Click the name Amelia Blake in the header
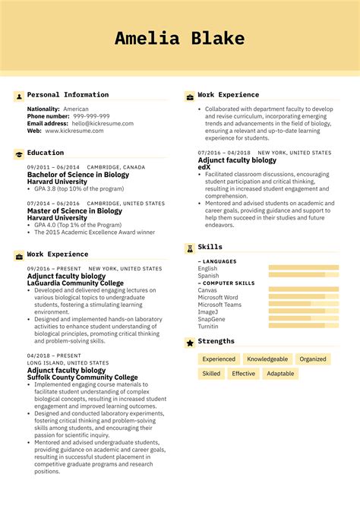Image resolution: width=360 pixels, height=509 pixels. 180,39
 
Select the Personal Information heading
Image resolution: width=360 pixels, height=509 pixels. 68,95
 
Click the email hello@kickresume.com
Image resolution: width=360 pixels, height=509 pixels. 102,123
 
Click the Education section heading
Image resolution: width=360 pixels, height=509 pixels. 46,153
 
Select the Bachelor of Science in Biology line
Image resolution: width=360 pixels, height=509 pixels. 78,175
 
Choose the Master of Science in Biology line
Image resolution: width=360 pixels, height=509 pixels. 74,211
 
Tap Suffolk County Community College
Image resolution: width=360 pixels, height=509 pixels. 83,378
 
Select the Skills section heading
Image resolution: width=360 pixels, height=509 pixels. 210,247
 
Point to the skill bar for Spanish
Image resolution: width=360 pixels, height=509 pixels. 304,275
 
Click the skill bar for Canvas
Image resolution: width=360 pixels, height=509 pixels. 304,289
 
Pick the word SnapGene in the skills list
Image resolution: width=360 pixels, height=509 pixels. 212,318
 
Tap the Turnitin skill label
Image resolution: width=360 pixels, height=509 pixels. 209,325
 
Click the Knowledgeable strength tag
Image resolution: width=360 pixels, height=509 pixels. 267,359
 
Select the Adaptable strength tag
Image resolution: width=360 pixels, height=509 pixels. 280,374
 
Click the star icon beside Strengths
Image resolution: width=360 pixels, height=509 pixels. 189,343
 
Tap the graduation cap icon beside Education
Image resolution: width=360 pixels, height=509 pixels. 18,153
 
